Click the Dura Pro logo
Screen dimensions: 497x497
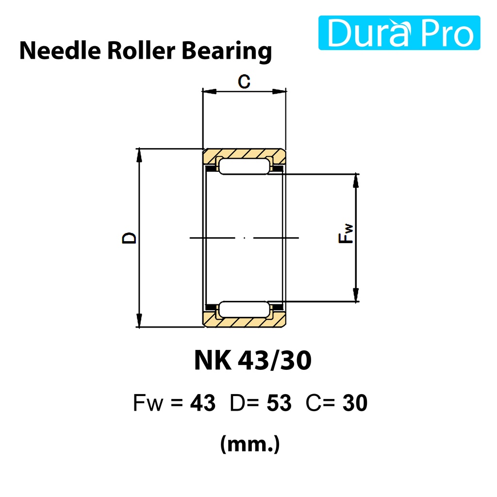(x=399, y=33)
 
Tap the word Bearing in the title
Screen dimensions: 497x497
(x=227, y=52)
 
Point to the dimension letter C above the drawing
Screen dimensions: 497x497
(x=244, y=82)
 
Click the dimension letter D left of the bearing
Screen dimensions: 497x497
(x=129, y=238)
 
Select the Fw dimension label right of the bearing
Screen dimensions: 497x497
(x=346, y=233)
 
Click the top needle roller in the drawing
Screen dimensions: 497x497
(x=244, y=166)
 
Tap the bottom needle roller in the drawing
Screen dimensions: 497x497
(x=244, y=309)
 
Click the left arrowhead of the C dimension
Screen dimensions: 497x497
(x=209, y=91)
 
